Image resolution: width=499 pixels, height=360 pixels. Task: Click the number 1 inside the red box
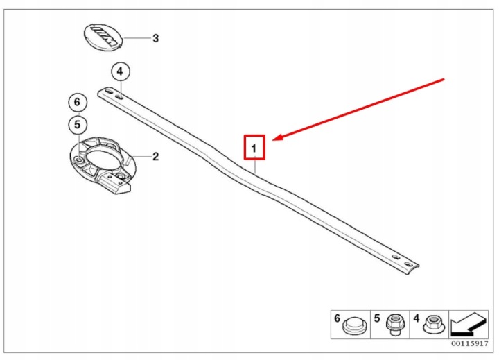pos(254,148)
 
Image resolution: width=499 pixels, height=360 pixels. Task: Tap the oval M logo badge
pos(103,37)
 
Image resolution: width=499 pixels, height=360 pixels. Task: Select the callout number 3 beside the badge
pos(155,38)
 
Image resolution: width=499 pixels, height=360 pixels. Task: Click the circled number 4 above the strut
pos(120,71)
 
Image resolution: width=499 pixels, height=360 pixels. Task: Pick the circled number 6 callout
pos(78,102)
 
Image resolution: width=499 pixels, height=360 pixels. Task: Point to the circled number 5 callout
pos(78,125)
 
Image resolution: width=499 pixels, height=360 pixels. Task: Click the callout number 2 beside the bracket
pos(155,157)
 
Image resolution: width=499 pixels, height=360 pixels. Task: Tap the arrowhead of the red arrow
pos(277,137)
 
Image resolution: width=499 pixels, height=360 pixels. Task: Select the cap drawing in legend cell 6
pos(354,325)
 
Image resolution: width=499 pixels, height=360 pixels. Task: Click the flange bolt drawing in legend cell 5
pos(394,324)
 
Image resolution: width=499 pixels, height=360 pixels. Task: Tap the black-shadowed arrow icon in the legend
pos(469,325)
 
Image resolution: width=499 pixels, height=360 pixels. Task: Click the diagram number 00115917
pos(469,343)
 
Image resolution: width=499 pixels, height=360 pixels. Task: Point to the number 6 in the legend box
pos(338,318)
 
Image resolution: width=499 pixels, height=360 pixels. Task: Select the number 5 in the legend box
pos(377,318)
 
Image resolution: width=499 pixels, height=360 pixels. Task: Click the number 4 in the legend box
pos(417,318)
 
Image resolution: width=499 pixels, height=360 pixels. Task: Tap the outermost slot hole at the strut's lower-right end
pos(408,264)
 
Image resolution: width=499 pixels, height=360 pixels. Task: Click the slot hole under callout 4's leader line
pos(119,98)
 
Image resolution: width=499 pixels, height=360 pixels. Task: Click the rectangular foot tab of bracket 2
pos(117,185)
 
